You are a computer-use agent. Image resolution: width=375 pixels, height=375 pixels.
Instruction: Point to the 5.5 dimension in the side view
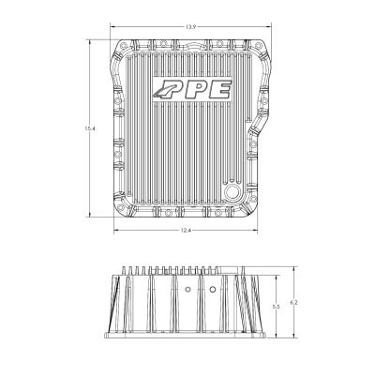(x=275, y=307)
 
